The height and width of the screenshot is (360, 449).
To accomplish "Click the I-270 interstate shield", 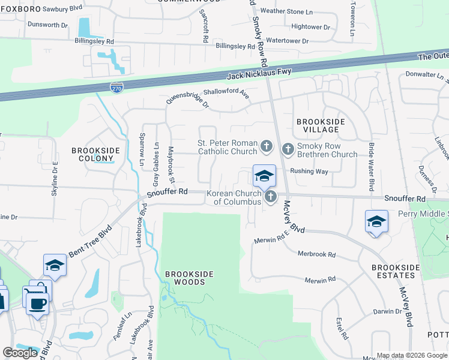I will pos(117,88).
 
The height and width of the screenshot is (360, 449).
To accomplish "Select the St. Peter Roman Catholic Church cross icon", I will pos(267,146).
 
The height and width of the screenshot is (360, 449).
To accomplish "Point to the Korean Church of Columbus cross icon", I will pos(271,196).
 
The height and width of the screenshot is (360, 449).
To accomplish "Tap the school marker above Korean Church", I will pos(264,176).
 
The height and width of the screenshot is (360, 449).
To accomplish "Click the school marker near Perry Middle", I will pos(376,221).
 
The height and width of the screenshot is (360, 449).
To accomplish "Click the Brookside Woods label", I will pos(189,278).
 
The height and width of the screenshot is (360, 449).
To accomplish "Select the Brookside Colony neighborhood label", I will pos(95,154).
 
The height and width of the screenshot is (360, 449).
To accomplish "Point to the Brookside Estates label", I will pos(393,271).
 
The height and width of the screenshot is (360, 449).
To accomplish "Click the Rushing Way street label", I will pos(309,171).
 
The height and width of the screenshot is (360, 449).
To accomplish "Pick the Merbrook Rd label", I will pos(317,254).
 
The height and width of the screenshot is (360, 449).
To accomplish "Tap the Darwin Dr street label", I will pos(387,311).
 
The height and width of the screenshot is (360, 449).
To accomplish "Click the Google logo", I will pos(20,353).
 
